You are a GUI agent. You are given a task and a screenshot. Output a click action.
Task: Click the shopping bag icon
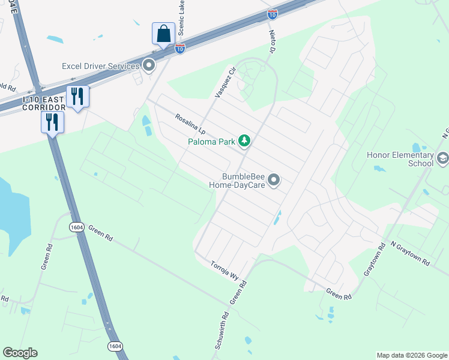click(163, 34)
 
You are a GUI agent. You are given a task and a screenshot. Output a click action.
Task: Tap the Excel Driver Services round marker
click(149, 65)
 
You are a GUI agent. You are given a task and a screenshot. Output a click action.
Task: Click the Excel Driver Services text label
click(101, 65)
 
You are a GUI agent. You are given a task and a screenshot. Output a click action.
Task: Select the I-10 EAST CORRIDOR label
click(43, 103)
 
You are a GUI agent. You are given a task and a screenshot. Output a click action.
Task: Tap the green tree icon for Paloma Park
click(244, 141)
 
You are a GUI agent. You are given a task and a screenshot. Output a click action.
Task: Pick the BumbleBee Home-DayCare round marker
click(274, 180)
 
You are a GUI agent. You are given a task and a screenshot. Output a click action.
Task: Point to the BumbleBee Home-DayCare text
click(236, 181)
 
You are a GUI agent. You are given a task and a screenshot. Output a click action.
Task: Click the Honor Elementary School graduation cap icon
click(443, 158)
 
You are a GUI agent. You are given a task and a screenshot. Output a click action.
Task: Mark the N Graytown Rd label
click(410, 253)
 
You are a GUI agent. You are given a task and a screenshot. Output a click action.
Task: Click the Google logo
click(20, 353)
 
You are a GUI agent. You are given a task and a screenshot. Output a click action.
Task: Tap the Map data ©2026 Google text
click(411, 355)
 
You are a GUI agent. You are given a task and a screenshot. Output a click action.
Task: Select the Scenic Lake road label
click(180, 19)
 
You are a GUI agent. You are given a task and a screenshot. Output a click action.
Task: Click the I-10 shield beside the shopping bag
click(180, 49)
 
